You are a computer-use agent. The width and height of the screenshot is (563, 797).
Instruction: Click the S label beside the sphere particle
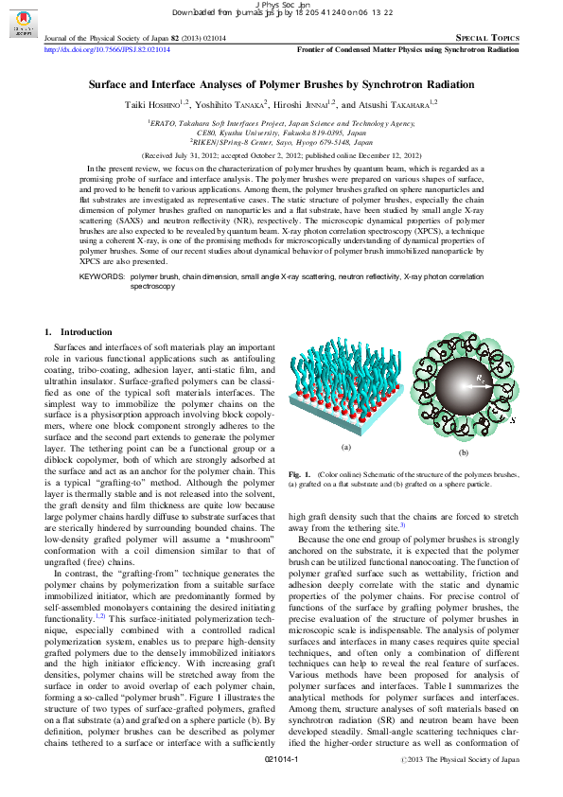pyautogui.click(x=512, y=419)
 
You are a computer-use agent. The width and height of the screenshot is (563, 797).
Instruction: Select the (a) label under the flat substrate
pyautogui.click(x=345, y=447)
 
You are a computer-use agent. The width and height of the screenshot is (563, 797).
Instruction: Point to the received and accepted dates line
pyautogui.click(x=281, y=153)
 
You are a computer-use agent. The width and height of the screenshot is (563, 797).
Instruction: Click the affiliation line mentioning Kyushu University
pyautogui.click(x=281, y=133)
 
